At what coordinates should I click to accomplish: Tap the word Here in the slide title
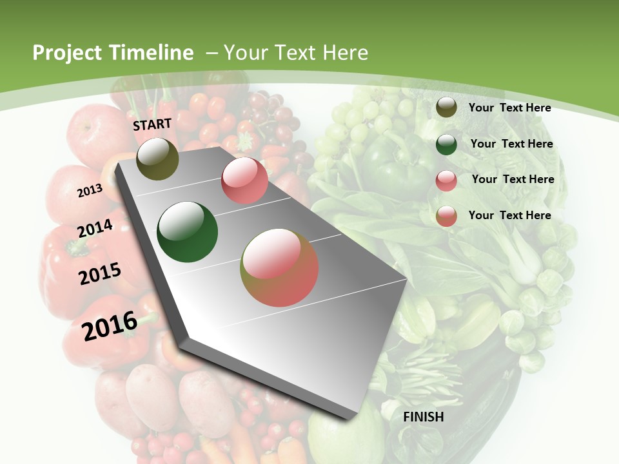[x=346, y=53]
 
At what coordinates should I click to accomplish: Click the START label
[x=152, y=124]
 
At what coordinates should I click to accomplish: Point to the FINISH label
[x=424, y=417]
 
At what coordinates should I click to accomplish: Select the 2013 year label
[x=90, y=190]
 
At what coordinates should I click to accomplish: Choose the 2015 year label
[x=100, y=274]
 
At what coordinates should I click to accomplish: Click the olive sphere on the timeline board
[x=157, y=159]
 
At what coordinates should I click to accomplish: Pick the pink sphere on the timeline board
[x=244, y=180]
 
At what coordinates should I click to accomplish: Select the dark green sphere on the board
[x=188, y=232]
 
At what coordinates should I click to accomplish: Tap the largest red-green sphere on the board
[x=279, y=267]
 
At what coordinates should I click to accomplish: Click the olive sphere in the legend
[x=446, y=108]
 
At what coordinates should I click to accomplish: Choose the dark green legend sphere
[x=446, y=144]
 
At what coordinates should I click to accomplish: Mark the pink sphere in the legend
[x=446, y=180]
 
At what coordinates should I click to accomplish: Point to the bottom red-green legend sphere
[x=446, y=216]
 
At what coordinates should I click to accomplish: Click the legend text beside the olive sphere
[x=509, y=108]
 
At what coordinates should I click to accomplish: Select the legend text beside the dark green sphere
[x=511, y=144]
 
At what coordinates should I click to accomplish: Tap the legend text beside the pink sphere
[x=513, y=179]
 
